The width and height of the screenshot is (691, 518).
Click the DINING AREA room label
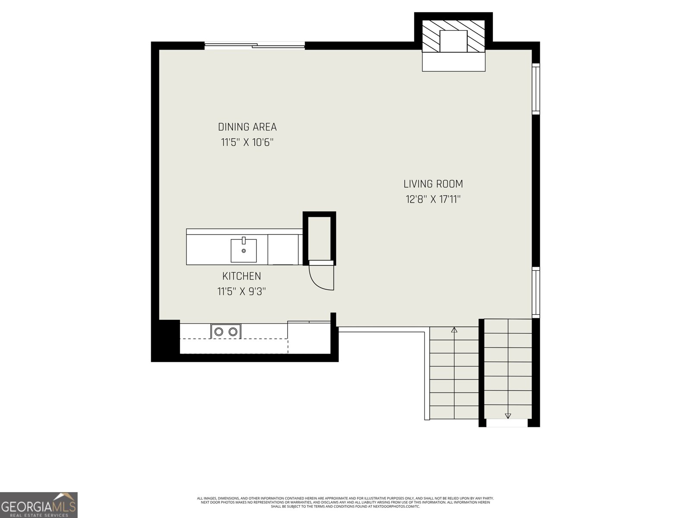point(247,127)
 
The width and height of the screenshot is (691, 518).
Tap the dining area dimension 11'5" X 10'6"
point(247,142)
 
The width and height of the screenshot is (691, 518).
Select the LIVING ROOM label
point(433,184)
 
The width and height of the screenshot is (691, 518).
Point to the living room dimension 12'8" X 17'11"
point(433,199)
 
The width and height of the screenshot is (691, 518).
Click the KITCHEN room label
point(241,276)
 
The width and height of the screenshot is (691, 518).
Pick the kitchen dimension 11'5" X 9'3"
point(241,291)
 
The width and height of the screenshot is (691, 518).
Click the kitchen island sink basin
point(243,250)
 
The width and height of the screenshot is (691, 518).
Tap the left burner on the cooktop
point(219,332)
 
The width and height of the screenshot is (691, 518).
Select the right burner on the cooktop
point(233,332)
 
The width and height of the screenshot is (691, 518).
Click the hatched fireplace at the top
point(453,36)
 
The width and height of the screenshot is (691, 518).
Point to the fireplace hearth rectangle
point(453,62)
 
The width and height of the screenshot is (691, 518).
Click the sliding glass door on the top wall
point(255,46)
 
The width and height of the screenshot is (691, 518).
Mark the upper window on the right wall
point(536,88)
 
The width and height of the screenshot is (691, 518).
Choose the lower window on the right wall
point(536,293)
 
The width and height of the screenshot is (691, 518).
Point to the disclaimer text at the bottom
point(345,502)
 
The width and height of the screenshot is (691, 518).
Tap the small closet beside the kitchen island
point(319,238)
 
